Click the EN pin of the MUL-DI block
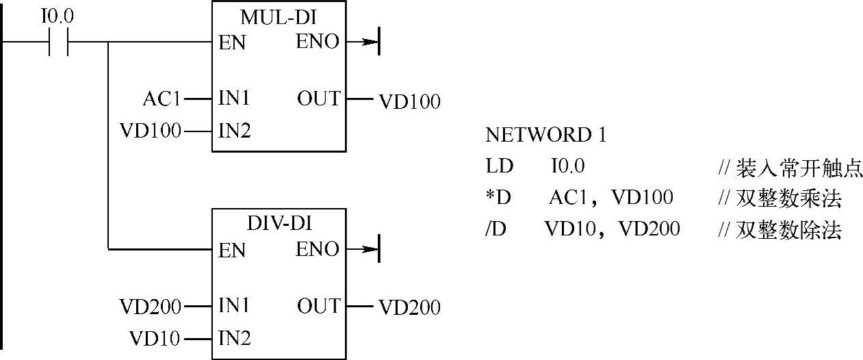coord(232,44)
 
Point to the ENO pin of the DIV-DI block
coord(318,249)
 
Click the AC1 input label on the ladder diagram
coord(162,99)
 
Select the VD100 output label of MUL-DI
coord(409,102)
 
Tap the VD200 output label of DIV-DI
coord(409,308)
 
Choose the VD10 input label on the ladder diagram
coord(156,337)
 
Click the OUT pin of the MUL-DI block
coord(318,99)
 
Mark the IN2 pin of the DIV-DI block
coord(235,337)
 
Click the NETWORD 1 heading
coord(545,136)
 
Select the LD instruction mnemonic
coord(498,167)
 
